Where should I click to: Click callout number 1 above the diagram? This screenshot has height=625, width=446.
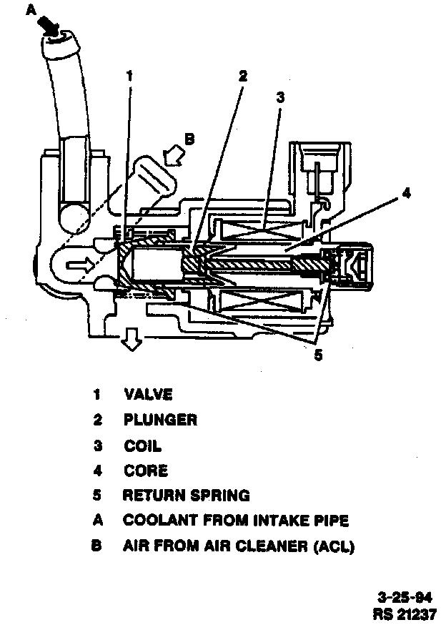[x=129, y=75]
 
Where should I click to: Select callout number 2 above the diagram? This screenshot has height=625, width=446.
[x=243, y=75]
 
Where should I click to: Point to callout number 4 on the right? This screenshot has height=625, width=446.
[x=405, y=193]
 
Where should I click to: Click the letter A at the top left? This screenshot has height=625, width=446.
[x=30, y=9]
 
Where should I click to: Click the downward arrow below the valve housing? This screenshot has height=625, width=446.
[x=131, y=340]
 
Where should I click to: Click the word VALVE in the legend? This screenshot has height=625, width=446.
[x=148, y=394]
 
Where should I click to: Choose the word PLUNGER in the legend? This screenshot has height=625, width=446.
[x=160, y=420]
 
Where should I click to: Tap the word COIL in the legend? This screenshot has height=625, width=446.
[x=142, y=446]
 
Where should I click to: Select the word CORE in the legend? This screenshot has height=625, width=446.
[x=146, y=471]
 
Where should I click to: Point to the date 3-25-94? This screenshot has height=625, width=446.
[x=404, y=597]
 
